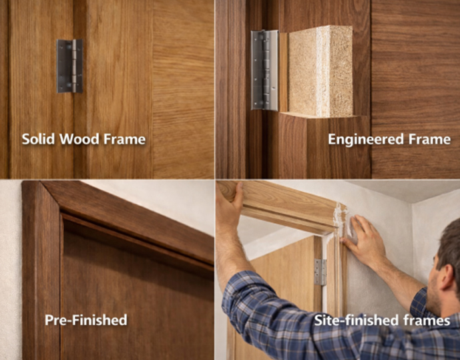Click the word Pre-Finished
[85, 320]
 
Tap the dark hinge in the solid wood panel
[69, 65]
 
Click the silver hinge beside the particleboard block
[264, 69]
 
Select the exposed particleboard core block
[320, 71]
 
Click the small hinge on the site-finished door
[320, 272]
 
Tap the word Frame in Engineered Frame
[429, 140]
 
